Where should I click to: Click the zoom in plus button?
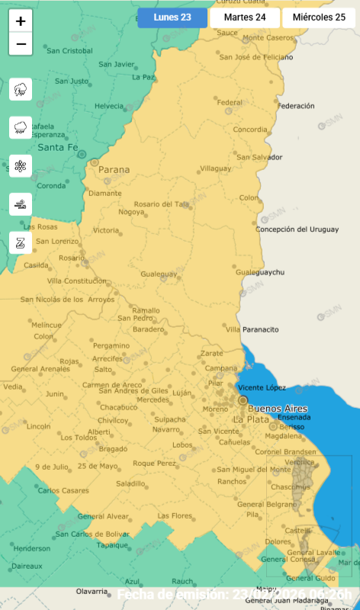pos(21,21)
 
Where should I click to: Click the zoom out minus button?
pos(21,44)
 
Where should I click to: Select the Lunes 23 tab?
pos(172,18)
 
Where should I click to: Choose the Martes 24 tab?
pos(244,18)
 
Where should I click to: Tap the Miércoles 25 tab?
pos(319,18)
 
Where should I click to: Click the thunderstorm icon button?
pos(21,89)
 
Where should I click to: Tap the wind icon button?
pos(21,204)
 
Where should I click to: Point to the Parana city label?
pos(114,169)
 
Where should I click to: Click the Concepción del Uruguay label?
pos(297,229)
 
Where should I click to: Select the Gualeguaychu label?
pos(259,272)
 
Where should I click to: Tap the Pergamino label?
pos(111,345)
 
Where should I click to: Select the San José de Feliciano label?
pos(256,57)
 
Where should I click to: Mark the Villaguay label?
pos(216,168)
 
